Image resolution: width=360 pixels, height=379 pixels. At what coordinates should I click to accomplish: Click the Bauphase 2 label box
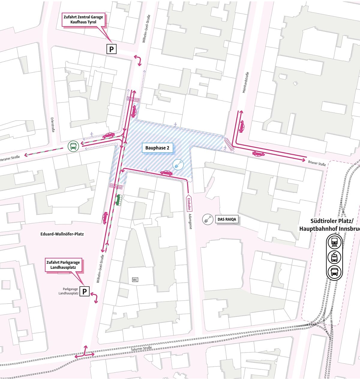pos(157,148)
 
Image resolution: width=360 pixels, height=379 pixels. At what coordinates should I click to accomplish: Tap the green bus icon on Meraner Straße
pos(73,146)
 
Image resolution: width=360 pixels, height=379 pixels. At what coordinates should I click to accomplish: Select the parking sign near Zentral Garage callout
pos(111,49)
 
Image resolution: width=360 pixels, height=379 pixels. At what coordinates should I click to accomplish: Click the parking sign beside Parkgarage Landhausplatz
pos(85,291)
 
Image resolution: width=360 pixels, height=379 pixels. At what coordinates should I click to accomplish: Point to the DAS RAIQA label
pos(227,220)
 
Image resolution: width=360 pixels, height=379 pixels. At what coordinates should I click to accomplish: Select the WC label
pos(135,280)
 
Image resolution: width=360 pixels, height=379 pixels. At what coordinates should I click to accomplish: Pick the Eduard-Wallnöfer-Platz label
pos(62,234)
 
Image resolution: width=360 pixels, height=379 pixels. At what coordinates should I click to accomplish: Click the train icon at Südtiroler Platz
pos(334,242)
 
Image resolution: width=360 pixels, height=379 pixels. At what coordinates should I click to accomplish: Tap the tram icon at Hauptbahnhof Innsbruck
pos(334,257)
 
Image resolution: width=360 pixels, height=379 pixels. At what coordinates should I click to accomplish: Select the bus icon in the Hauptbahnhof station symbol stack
pos(334,272)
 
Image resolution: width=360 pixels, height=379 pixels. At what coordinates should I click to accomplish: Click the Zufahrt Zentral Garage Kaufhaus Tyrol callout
pos(83,20)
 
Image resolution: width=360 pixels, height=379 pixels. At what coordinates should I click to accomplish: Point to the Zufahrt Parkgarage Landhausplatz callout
pos(63,265)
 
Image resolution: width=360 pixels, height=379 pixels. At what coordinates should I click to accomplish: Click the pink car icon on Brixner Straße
pos(258,154)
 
